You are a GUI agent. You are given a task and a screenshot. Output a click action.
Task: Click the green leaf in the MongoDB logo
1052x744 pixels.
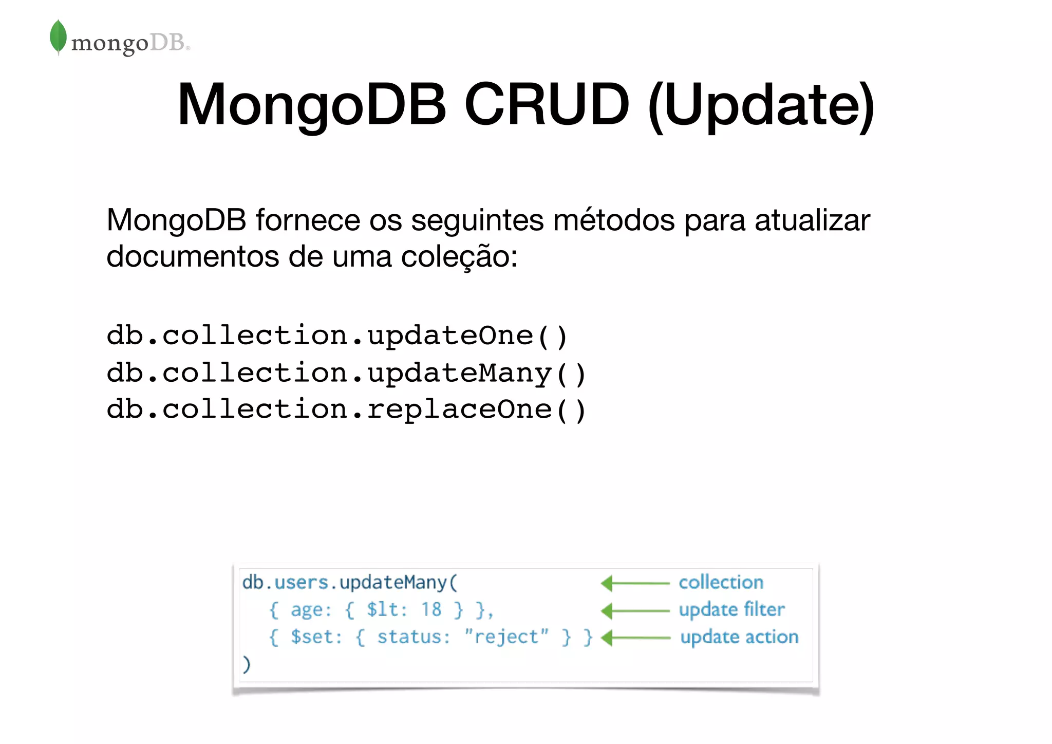pyautogui.click(x=58, y=36)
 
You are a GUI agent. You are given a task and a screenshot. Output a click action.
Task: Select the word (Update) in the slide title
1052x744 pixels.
pyautogui.click(x=761, y=105)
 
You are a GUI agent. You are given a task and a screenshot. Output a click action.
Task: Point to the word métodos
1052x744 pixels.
pyautogui.click(x=614, y=220)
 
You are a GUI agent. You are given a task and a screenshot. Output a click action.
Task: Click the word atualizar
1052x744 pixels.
pyautogui.click(x=812, y=220)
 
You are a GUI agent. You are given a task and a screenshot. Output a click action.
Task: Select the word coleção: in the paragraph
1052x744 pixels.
pyautogui.click(x=459, y=256)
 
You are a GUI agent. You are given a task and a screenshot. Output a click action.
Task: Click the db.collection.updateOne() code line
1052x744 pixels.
pyautogui.click(x=337, y=336)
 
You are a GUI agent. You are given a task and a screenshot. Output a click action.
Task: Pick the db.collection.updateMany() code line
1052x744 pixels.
pyautogui.click(x=346, y=373)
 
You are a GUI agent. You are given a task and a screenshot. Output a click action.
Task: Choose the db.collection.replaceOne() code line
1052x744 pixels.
pyautogui.click(x=346, y=410)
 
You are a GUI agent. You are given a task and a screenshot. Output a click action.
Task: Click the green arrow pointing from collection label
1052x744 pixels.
pyautogui.click(x=635, y=583)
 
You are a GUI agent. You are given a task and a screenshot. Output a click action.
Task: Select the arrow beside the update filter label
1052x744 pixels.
pyautogui.click(x=635, y=611)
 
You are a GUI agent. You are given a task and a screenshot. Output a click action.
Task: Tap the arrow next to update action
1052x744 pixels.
pyautogui.click(x=635, y=638)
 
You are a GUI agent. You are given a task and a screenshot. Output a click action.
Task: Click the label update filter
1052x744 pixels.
pyautogui.click(x=731, y=610)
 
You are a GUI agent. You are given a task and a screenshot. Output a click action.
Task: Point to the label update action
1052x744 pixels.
pyautogui.click(x=739, y=637)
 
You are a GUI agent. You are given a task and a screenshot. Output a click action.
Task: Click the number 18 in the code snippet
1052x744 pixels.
pyautogui.click(x=431, y=610)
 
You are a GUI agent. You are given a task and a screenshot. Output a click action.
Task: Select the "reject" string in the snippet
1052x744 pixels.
pyautogui.click(x=506, y=637)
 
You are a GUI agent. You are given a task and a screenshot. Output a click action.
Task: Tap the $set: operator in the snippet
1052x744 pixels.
pyautogui.click(x=316, y=637)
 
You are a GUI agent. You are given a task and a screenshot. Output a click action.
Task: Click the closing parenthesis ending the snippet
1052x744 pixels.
pyautogui.click(x=247, y=664)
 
